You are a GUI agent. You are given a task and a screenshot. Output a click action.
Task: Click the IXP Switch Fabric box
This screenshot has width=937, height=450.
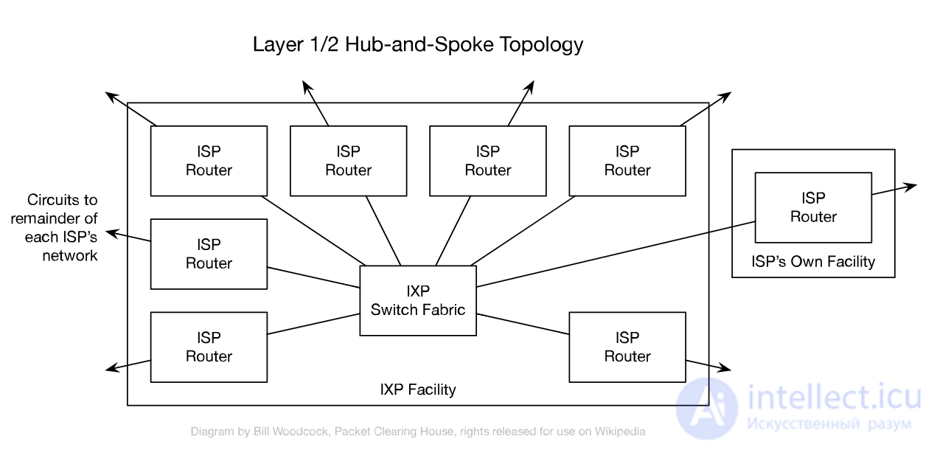418,300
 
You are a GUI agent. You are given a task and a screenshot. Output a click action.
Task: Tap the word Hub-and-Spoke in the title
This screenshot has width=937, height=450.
419,44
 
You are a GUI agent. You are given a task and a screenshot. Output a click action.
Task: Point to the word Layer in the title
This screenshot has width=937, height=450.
278,45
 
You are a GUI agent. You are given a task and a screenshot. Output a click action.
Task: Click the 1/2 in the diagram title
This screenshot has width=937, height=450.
324,44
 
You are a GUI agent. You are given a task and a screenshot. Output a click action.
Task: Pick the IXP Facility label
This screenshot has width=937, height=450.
418,390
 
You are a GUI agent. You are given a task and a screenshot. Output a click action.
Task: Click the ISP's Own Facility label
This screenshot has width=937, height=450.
813,262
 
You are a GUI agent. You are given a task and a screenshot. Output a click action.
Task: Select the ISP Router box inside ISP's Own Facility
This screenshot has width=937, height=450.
813,207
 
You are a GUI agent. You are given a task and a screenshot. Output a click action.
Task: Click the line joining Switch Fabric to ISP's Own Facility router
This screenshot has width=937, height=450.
616,254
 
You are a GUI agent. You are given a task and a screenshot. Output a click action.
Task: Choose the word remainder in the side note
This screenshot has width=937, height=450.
45,218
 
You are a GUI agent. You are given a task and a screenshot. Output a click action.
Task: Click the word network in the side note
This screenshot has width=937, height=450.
70,255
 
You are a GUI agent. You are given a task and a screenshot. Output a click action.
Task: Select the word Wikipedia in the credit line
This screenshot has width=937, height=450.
620,432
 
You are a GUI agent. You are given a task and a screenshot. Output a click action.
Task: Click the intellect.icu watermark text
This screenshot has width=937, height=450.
834,398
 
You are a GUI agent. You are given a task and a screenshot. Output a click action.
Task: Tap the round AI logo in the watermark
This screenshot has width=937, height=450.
707,408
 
